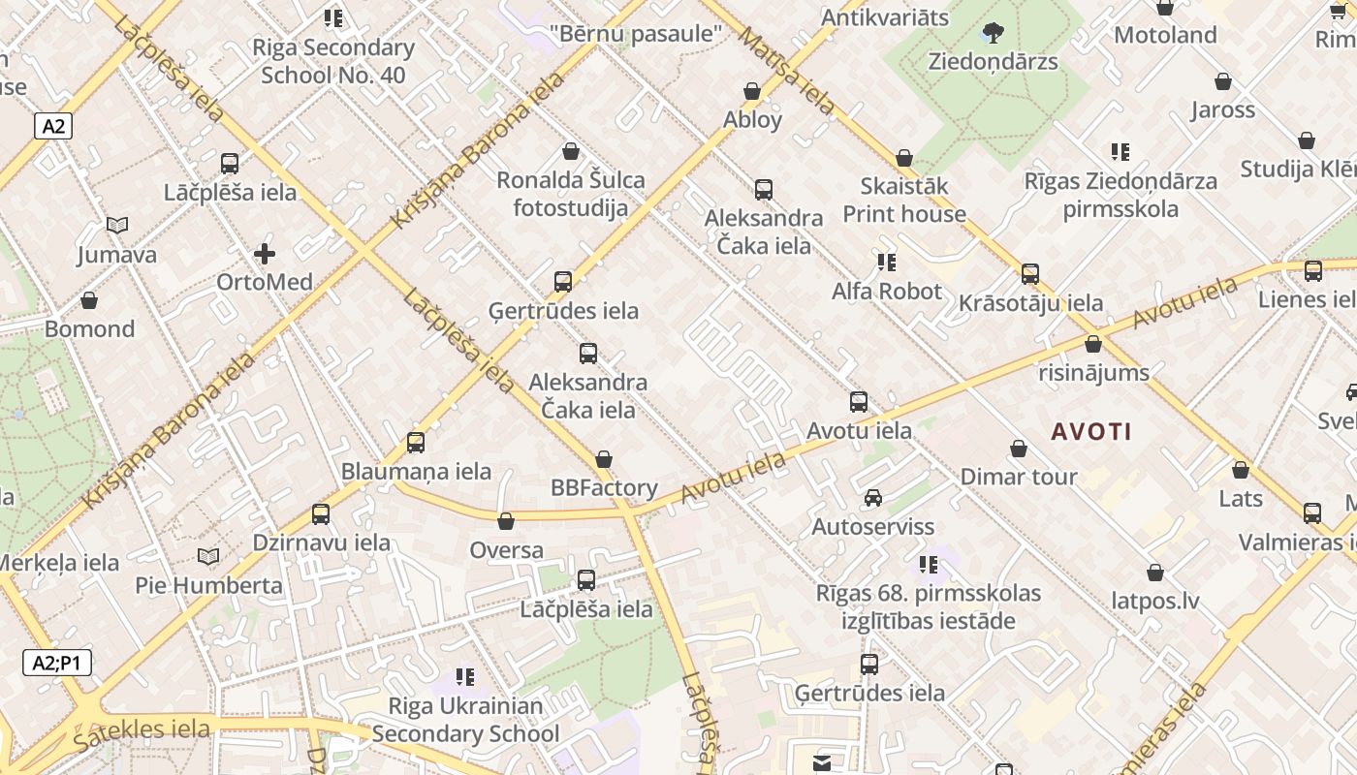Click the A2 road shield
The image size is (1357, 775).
(54, 125)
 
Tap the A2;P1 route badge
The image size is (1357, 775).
(57, 664)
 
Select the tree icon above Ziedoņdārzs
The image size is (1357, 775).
(993, 33)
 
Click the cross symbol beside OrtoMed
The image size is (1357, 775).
(264, 255)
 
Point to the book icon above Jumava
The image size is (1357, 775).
(117, 226)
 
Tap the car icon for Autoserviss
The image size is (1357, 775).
(872, 498)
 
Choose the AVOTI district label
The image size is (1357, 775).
(1091, 431)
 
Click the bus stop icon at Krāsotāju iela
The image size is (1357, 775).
(1030, 274)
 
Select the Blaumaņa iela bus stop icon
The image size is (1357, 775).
(416, 443)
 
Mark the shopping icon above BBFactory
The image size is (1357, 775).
(604, 459)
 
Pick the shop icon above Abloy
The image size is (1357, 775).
(752, 92)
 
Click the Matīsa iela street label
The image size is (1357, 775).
(787, 71)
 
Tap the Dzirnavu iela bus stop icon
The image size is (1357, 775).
(321, 514)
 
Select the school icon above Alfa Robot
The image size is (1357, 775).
(886, 262)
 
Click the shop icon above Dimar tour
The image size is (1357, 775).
(1019, 449)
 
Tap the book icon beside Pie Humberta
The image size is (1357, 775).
(208, 557)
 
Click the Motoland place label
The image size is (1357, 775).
(1165, 36)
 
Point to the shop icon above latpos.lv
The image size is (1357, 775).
(1155, 573)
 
